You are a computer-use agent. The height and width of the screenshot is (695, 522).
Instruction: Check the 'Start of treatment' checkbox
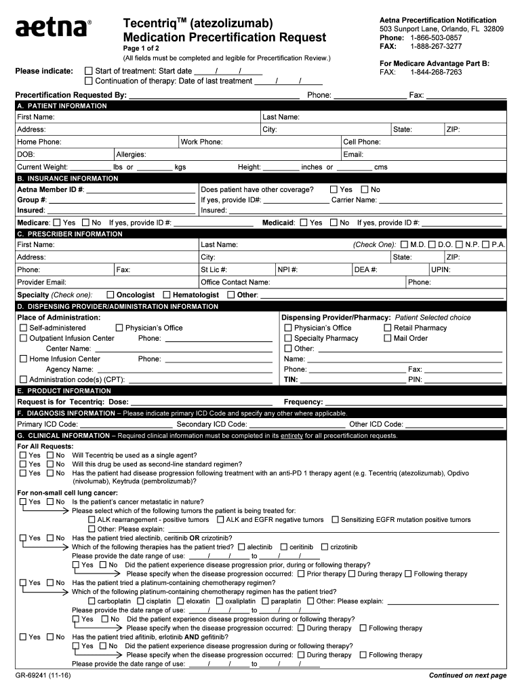(88, 71)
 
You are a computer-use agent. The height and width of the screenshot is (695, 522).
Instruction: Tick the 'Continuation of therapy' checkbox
(88, 81)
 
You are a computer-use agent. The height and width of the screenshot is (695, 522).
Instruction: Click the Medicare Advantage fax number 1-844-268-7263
(436, 72)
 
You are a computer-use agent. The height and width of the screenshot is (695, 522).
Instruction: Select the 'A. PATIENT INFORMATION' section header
(62, 106)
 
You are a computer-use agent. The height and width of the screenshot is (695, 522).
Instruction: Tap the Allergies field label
(131, 154)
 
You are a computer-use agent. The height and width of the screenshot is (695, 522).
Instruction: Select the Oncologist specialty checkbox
(110, 295)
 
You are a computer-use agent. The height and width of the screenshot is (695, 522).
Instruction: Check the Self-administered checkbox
(24, 328)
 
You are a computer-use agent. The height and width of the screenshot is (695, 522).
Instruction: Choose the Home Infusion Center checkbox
(24, 359)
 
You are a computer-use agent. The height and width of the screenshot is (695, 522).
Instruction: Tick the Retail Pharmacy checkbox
(388, 328)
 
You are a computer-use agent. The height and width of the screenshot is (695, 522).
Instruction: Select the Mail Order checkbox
(388, 338)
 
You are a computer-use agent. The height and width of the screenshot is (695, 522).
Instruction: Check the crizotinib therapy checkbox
(325, 547)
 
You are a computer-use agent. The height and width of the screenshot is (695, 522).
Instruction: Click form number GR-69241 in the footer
(43, 676)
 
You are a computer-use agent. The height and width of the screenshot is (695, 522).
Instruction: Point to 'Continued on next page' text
(468, 676)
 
